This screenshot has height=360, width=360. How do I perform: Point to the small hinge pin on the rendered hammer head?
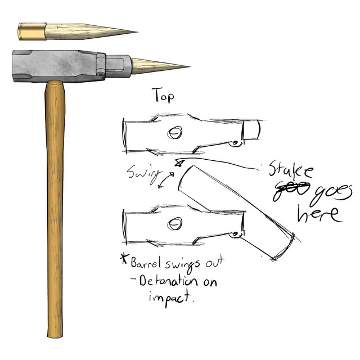[100, 73]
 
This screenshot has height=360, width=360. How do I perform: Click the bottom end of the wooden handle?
[55, 336]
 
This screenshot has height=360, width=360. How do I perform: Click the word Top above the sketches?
[163, 96]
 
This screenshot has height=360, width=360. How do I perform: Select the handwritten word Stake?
[290, 171]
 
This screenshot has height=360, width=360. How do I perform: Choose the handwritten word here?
[318, 214]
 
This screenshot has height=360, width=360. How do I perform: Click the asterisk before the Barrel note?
[124, 260]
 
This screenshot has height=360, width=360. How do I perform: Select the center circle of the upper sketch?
[175, 133]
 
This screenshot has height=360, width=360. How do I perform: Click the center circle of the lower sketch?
[174, 224]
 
